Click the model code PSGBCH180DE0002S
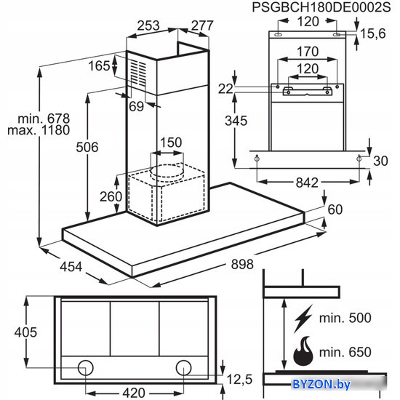point(321,7)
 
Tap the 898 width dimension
point(242,264)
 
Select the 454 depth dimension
point(71,267)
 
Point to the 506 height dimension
point(87,147)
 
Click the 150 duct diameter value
point(171,143)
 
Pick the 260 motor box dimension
point(111,196)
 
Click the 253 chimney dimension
point(148,25)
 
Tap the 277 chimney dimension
point(202,25)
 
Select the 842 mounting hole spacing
point(307,183)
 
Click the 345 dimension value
point(236,121)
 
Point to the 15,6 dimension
point(372,33)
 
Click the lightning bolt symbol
point(303,319)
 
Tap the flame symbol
point(303,351)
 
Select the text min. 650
point(345,352)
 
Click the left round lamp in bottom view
point(86,368)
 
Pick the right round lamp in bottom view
point(183,368)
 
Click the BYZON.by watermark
point(321,384)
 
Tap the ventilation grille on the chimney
point(138,73)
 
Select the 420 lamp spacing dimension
point(134,393)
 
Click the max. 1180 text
point(39,130)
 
